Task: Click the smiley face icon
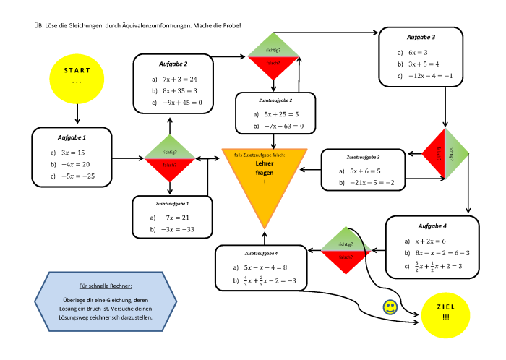click(x=390, y=307)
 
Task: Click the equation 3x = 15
click(x=72, y=153)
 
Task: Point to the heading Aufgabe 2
click(x=173, y=64)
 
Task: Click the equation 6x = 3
click(x=417, y=52)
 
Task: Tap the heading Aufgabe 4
click(x=433, y=226)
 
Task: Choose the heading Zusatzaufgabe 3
click(x=363, y=157)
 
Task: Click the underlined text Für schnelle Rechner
click(x=106, y=286)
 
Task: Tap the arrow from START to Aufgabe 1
click(x=77, y=114)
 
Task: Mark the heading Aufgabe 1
click(x=72, y=137)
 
